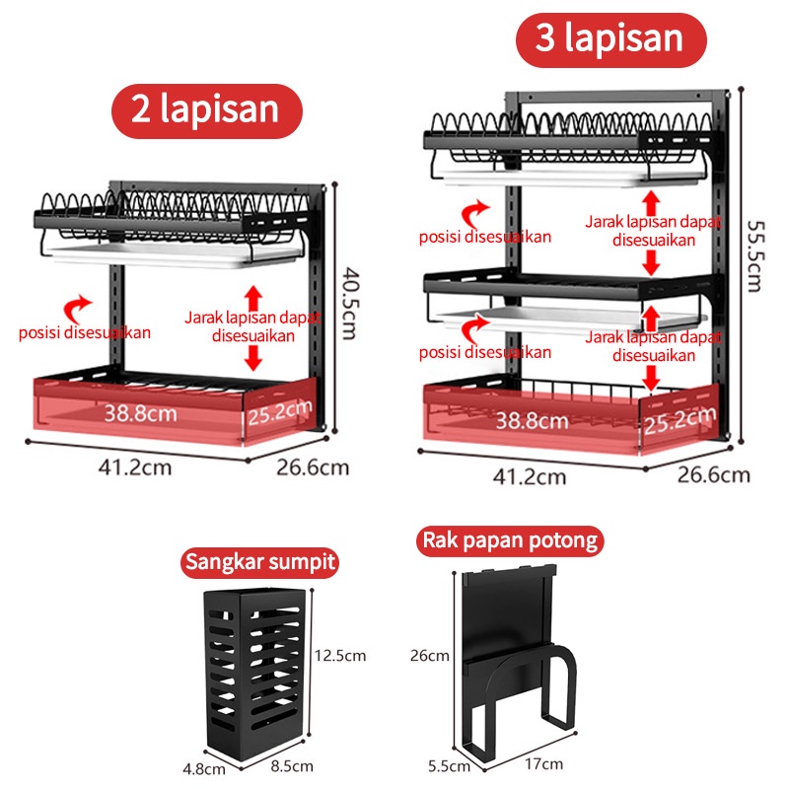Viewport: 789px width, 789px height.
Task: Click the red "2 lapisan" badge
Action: pos(205,108)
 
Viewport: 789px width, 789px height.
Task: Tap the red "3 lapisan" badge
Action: pos(610,38)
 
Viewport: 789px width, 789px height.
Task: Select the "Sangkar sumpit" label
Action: pos(259,562)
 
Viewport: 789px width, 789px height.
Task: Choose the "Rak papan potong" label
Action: pos(511,539)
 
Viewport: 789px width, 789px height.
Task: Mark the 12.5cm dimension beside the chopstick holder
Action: pos(340,654)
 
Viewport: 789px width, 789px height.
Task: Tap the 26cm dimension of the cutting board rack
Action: pos(430,655)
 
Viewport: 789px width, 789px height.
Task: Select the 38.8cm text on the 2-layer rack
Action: pos(141,413)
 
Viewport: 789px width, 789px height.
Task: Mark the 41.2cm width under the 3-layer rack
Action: pos(530,476)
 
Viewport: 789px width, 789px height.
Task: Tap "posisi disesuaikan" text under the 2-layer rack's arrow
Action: pos(85,332)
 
